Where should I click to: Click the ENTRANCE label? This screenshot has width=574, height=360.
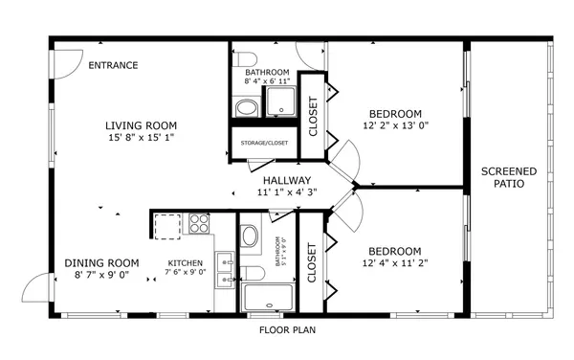coord(113,66)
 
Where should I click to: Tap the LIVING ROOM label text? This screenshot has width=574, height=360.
coord(141,125)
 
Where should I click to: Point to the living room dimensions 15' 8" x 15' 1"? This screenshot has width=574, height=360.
coord(141,138)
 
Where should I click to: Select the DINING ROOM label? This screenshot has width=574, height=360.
coord(101,263)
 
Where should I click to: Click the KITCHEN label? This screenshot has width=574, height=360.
coord(186,263)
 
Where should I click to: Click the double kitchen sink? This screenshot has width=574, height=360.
coord(226,269)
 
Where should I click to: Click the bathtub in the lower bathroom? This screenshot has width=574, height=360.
coord(268,297)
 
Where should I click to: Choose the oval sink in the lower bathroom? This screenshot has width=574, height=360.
coord(250,236)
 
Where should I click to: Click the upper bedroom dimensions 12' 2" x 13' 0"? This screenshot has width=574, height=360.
coord(395,125)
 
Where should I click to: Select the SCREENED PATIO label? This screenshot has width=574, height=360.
coord(508,177)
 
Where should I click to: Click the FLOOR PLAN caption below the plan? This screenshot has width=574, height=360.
coord(287,330)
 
